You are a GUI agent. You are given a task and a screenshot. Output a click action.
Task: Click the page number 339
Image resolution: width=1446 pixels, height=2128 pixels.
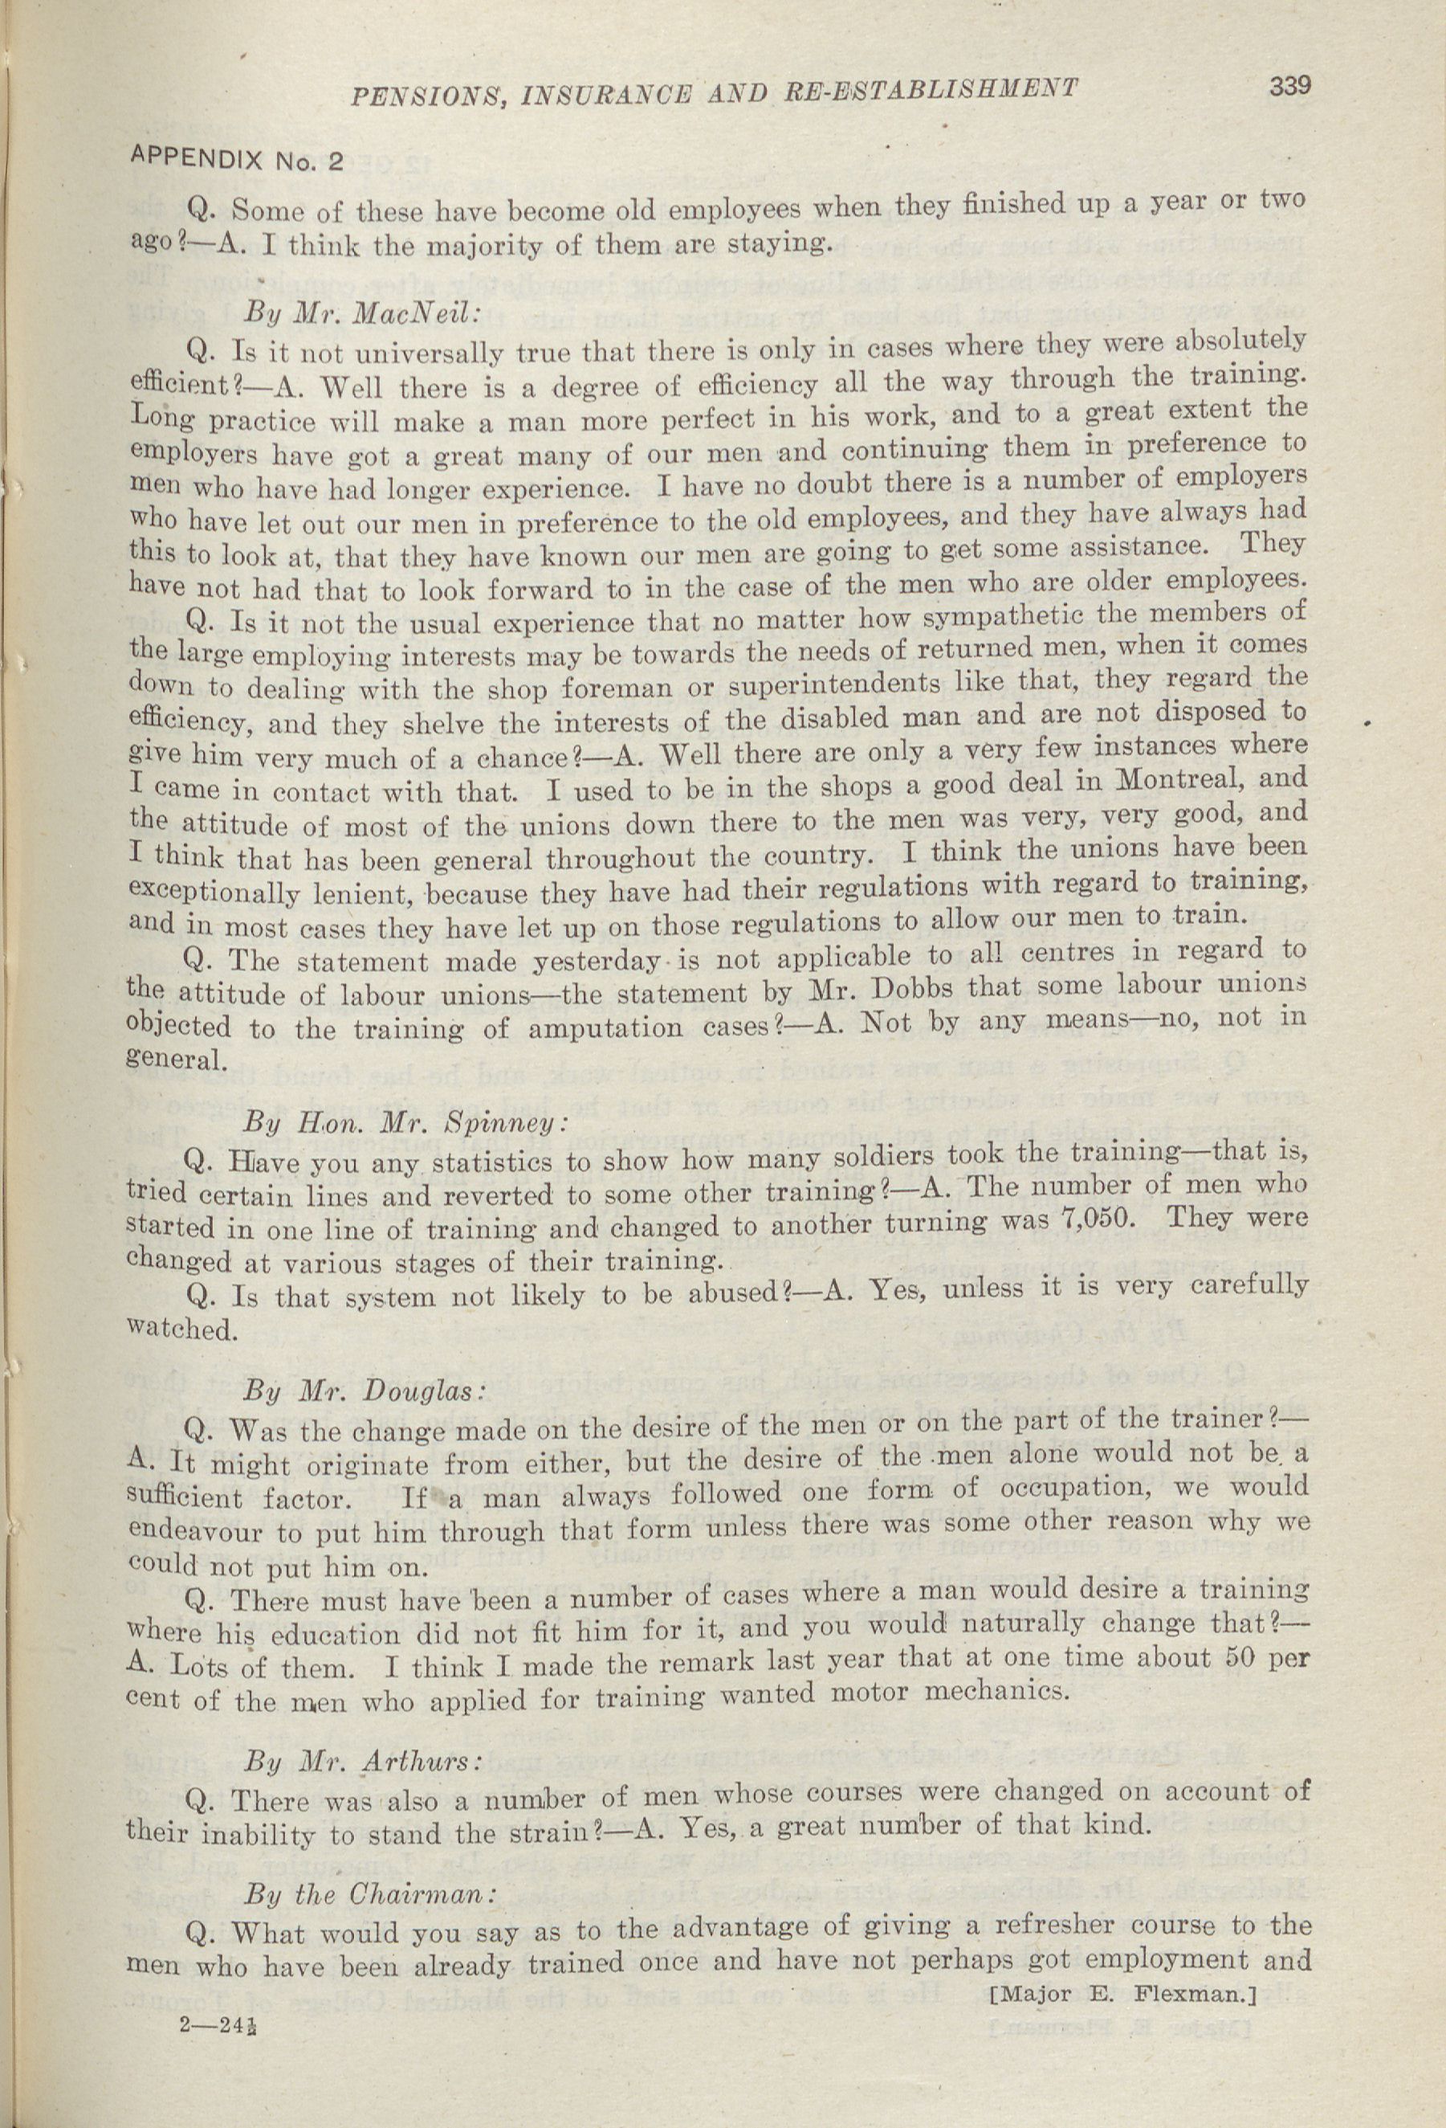point(1289,87)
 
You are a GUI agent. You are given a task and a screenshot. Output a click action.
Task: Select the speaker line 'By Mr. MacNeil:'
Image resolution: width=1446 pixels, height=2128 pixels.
point(361,312)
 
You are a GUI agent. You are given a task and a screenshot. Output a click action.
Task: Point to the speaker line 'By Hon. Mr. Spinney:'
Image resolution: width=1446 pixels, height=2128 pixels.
point(405,1121)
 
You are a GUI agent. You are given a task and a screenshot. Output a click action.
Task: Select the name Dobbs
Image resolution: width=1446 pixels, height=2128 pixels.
point(923,990)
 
